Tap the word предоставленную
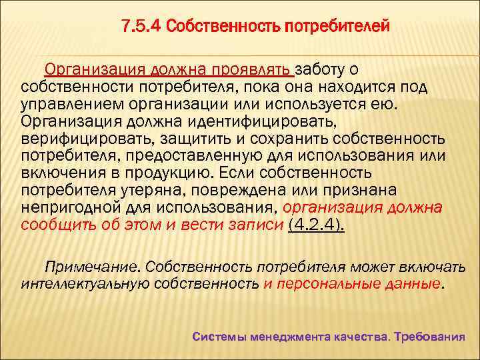(187, 156)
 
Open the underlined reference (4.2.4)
(315, 225)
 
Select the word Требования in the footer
(429, 337)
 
